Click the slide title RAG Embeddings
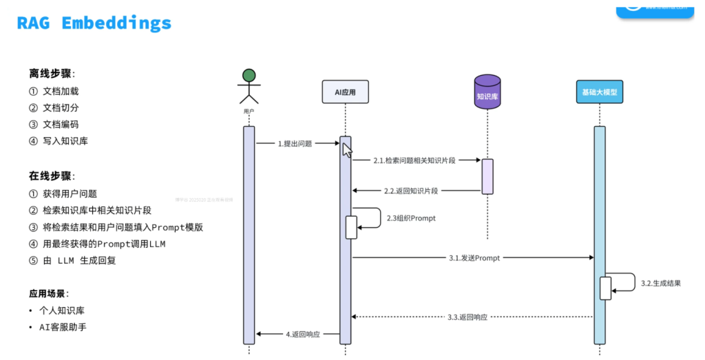point(94,23)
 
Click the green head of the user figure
point(249,75)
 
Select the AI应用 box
point(345,92)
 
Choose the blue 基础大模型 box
point(599,92)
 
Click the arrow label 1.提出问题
point(295,144)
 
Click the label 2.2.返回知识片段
point(411,191)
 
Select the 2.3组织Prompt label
point(411,218)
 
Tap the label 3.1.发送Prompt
point(474,258)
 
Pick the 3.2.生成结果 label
point(661,283)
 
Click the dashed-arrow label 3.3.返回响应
point(467,317)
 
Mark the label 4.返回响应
point(303,335)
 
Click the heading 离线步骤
point(52,73)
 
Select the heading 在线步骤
point(52,176)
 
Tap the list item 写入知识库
point(65,141)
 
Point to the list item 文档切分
point(61,107)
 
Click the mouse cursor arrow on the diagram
point(347,149)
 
